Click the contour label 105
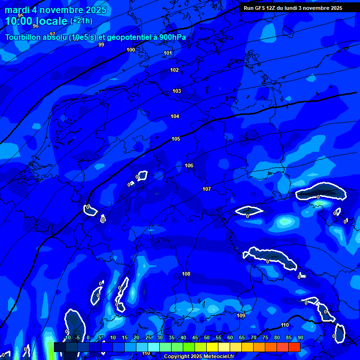[176, 139]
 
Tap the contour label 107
[207, 189]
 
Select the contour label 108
[186, 274]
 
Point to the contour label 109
[241, 315]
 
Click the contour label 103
[177, 91]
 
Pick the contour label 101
[168, 53]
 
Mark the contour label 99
[101, 45]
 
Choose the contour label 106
[189, 165]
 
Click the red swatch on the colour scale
[294, 347]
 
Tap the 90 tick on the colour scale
[300, 338]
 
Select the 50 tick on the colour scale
[207, 338]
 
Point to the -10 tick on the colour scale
[67, 338]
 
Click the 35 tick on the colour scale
[172, 338]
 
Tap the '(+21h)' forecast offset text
[81, 21]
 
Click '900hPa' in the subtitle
[171, 37]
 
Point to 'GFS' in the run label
[260, 8]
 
